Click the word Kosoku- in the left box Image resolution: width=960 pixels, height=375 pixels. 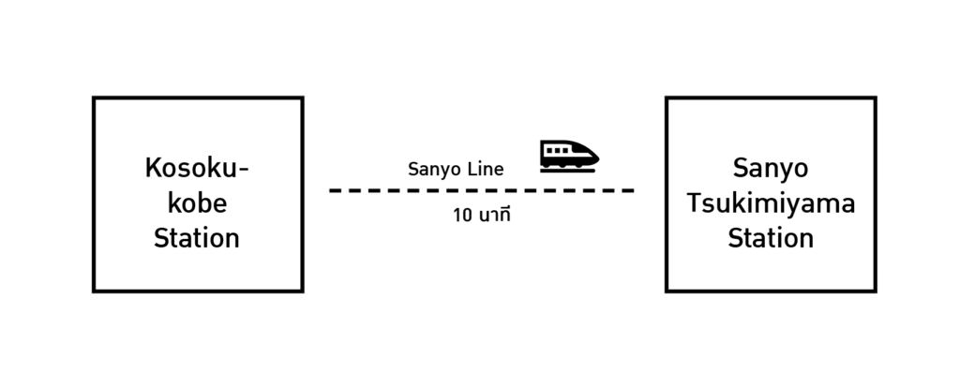click(x=197, y=169)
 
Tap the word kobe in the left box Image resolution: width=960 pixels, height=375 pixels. click(x=197, y=203)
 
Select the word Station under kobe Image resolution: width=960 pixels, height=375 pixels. click(x=197, y=238)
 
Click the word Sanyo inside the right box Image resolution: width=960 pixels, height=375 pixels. click(x=771, y=170)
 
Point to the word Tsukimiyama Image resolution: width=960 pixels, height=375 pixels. click(x=771, y=203)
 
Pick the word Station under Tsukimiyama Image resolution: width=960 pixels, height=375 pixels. click(x=771, y=238)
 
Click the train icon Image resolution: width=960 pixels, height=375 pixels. click(x=569, y=155)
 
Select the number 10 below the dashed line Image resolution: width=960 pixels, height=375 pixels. click(x=462, y=215)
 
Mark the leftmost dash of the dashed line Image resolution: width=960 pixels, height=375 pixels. click(x=337, y=190)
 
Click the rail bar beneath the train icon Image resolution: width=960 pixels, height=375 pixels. click(x=569, y=171)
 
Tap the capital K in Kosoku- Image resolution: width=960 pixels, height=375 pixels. click(x=153, y=169)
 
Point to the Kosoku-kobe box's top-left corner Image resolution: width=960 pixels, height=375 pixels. click(x=94, y=97)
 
